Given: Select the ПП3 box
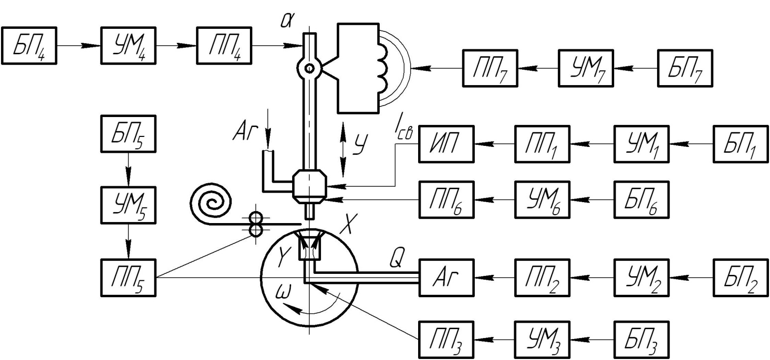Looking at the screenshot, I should click(445, 339).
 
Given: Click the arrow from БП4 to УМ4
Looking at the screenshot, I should click(79, 45).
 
